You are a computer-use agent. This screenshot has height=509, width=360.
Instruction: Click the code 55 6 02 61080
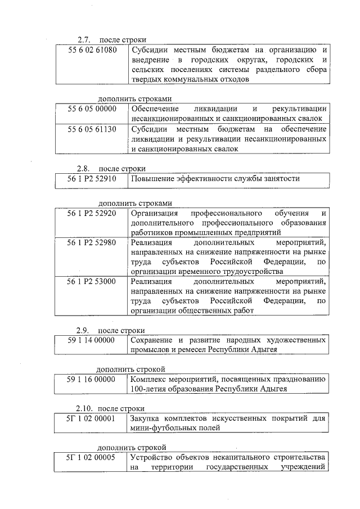tap(92, 51)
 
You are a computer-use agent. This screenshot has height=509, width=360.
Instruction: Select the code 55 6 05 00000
tap(92, 109)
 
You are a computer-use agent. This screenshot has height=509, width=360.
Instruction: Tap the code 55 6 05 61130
tap(92, 129)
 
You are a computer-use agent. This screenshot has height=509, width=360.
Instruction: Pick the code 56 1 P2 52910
tap(92, 178)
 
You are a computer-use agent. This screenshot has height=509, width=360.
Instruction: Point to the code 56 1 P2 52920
tap(92, 214)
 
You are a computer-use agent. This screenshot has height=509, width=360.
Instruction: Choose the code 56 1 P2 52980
tap(92, 243)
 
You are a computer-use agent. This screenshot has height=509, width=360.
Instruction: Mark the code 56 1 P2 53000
tap(92, 281)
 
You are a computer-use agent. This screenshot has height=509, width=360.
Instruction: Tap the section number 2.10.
tap(84, 408)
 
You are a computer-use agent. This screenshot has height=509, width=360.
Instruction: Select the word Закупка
tap(145, 418)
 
